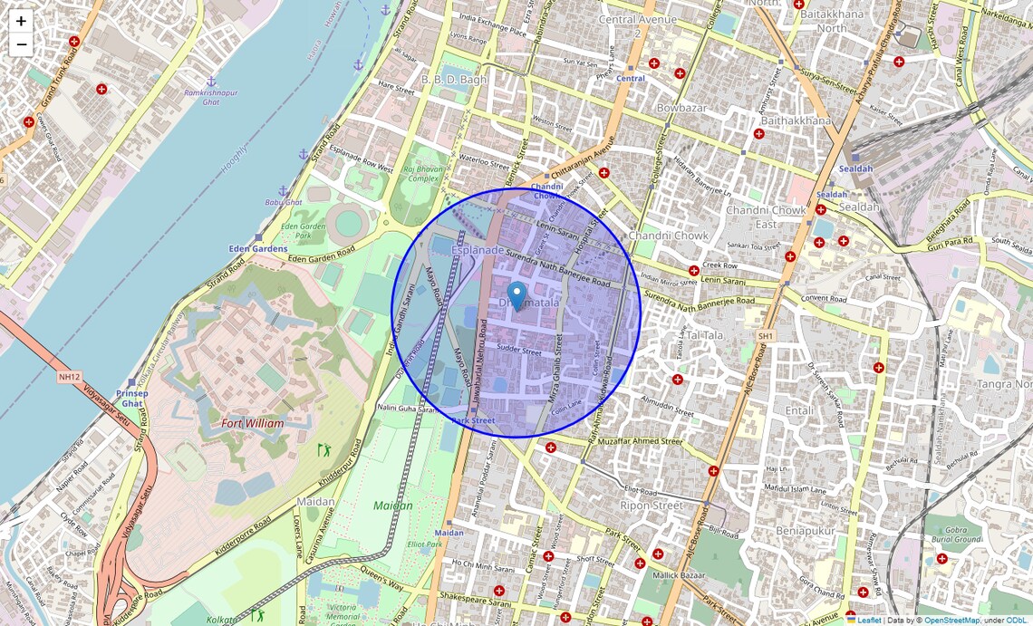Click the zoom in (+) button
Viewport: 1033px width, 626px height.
click(x=21, y=21)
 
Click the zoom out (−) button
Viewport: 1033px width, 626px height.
click(x=21, y=44)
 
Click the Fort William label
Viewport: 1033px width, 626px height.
click(x=252, y=423)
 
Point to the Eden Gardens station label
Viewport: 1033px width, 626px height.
click(x=258, y=248)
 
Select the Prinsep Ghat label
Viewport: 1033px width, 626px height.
click(x=132, y=399)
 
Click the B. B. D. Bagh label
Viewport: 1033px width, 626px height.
click(x=454, y=80)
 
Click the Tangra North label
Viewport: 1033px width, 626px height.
click(x=1004, y=384)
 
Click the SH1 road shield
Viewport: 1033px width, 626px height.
click(x=766, y=336)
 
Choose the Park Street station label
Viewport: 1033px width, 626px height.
click(x=473, y=420)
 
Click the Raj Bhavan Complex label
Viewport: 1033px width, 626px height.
click(x=421, y=173)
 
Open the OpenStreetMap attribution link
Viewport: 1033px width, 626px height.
click(x=951, y=620)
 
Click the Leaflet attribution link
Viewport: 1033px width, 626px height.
click(x=869, y=620)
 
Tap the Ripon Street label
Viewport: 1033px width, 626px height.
click(x=652, y=505)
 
